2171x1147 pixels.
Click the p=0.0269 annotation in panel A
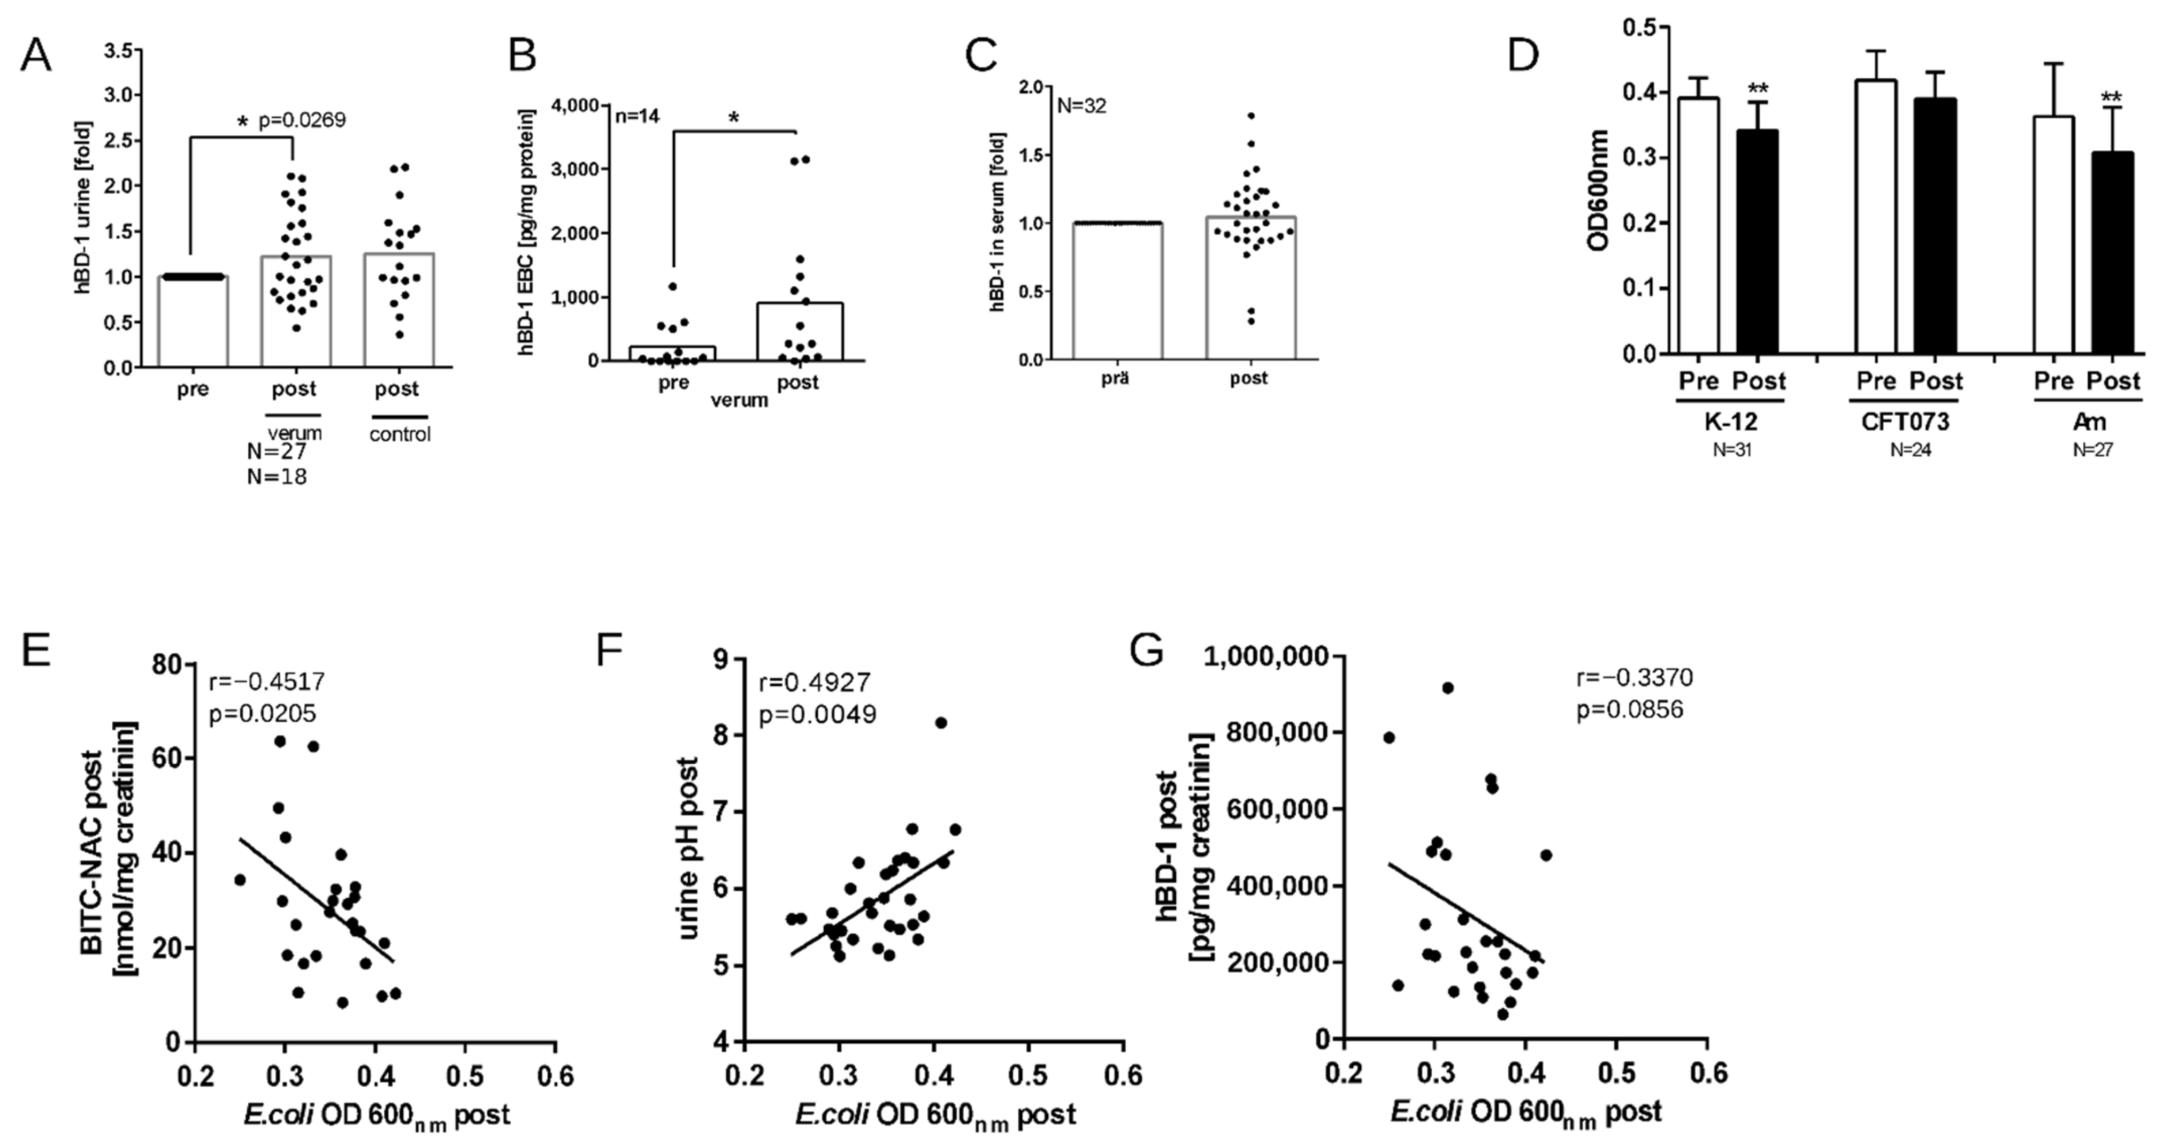(302, 120)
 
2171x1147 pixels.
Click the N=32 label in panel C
(1081, 106)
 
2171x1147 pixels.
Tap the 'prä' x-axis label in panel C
(1115, 378)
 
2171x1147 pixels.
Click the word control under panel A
(400, 435)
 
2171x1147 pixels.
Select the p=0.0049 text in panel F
(817, 715)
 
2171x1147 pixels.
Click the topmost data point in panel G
(1448, 687)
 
